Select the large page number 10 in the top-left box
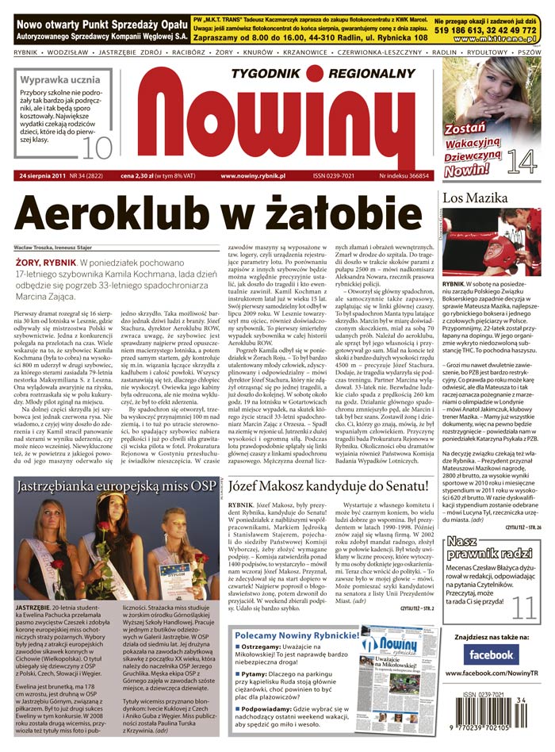[x=98, y=148]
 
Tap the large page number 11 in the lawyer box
[x=524, y=607]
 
